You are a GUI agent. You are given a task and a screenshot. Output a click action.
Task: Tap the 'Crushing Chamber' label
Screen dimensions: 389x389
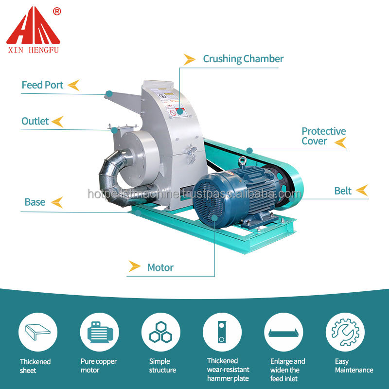coord(243,59)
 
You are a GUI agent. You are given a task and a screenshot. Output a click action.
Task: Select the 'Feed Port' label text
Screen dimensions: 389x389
coord(42,85)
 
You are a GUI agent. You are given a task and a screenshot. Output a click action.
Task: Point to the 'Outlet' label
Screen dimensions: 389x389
coord(35,121)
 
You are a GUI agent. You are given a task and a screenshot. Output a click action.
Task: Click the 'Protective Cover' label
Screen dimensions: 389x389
coord(323,136)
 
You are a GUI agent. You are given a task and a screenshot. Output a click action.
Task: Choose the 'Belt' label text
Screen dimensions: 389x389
coord(342,191)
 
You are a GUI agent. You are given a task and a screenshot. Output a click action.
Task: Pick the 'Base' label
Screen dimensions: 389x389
coord(35,202)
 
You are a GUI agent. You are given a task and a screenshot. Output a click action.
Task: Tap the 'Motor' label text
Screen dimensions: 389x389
coord(160,267)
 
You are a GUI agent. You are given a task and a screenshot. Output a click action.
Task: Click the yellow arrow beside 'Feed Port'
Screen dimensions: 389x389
coord(73,85)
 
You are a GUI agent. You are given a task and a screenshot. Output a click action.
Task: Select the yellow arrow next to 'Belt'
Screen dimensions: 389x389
coord(362,191)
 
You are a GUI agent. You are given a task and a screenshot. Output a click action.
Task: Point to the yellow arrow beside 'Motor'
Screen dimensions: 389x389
coord(134,266)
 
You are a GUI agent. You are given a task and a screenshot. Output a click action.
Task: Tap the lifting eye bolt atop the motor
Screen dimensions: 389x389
coord(242,161)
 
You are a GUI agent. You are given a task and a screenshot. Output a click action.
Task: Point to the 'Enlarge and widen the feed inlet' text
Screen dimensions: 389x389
coord(287,370)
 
